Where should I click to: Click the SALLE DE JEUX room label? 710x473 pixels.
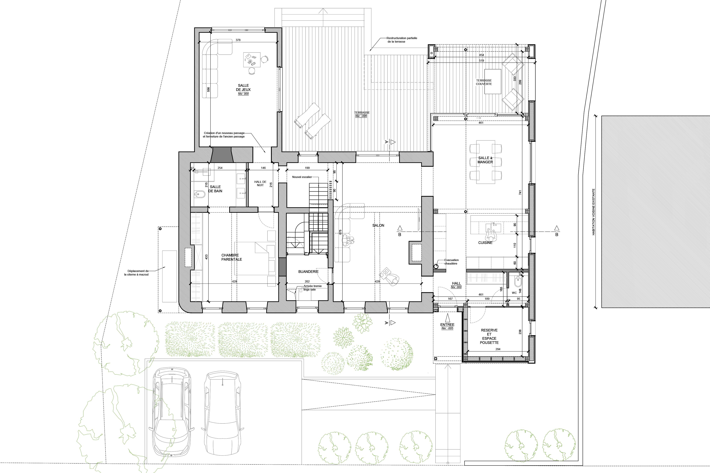pos(243,87)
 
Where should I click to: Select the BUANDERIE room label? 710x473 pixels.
pos(308,271)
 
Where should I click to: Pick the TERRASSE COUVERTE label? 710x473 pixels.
pos(484,82)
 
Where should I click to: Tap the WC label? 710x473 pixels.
pos(514,293)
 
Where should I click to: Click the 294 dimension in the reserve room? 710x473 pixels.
pos(498,349)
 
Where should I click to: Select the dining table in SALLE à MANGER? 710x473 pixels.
pos(486,162)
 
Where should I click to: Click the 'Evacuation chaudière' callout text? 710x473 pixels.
pos(451,262)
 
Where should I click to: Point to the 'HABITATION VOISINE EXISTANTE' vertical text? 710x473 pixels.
pos(593,212)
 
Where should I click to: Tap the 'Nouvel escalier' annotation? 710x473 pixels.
pos(302,177)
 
